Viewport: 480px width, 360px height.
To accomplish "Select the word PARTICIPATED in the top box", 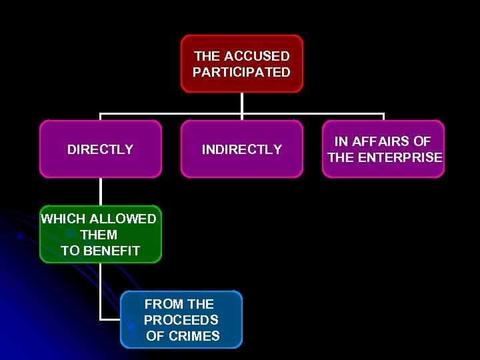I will pyautogui.click(x=241, y=72).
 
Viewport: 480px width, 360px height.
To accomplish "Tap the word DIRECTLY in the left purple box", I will pyautogui.click(x=100, y=149).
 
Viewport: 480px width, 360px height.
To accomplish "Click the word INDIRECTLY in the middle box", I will pyautogui.click(x=242, y=149).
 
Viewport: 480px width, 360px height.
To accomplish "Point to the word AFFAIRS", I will pyautogui.click(x=383, y=141).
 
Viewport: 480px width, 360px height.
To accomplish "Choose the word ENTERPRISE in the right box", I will pyautogui.click(x=399, y=157).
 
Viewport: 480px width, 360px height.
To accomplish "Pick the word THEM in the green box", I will pyautogui.click(x=99, y=235).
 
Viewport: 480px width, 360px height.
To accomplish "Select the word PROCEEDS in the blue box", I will pyautogui.click(x=181, y=320).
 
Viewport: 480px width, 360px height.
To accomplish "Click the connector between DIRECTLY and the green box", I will pyautogui.click(x=101, y=191).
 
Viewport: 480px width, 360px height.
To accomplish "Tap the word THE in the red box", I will pyautogui.click(x=207, y=57).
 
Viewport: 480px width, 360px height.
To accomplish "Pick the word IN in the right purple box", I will pyautogui.click(x=341, y=141).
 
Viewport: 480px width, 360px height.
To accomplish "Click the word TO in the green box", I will pyautogui.click(x=70, y=251).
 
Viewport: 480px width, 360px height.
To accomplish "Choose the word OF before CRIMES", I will pyautogui.click(x=155, y=336).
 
